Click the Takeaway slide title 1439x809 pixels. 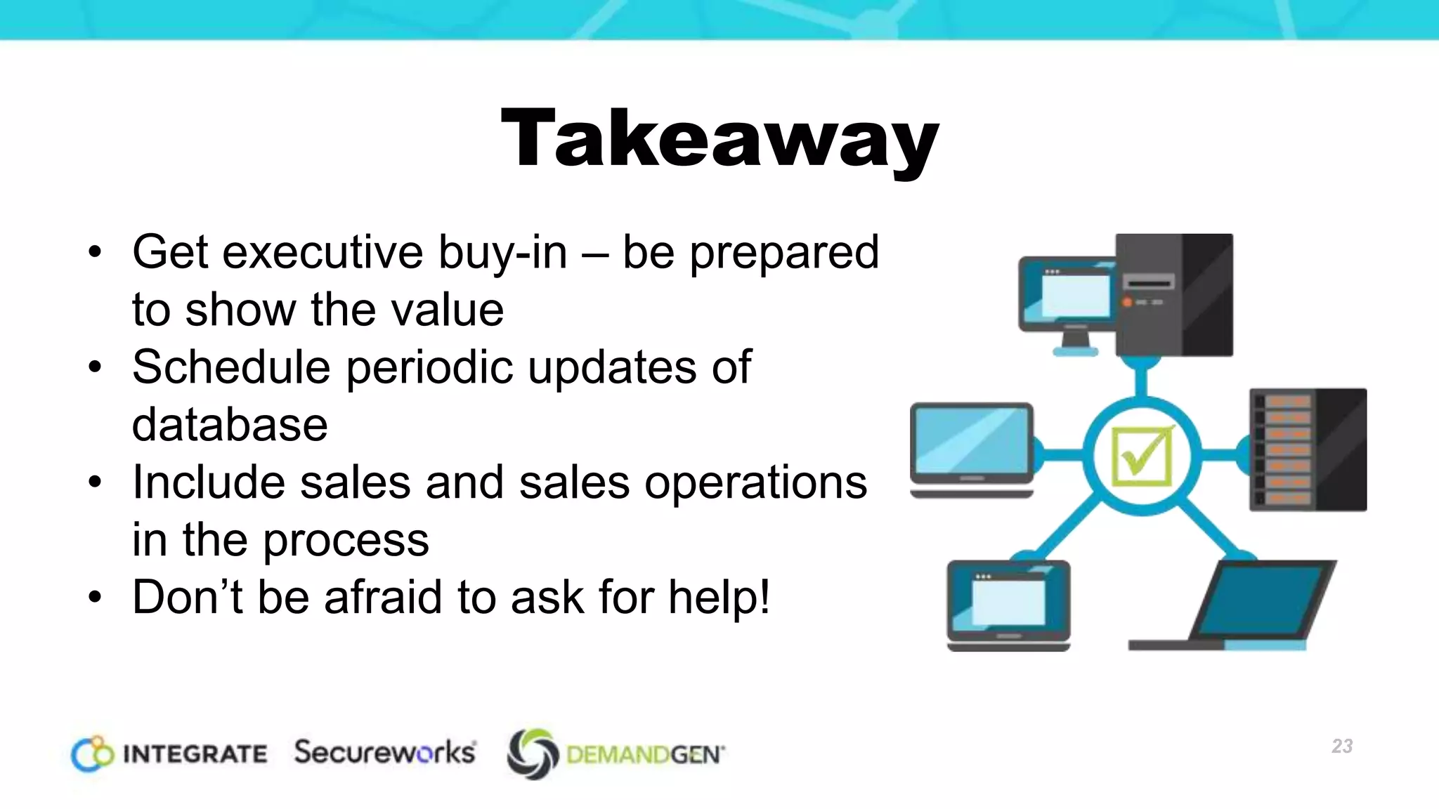719,138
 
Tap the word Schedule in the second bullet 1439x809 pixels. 230,367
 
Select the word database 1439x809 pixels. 230,425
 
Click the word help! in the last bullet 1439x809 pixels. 719,597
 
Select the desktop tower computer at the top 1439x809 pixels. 1173,295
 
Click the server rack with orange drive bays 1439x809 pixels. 1308,449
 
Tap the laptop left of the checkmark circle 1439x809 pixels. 972,449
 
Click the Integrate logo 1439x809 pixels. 169,754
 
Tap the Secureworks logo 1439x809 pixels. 385,752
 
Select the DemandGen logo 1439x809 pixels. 616,754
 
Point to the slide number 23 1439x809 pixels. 1342,746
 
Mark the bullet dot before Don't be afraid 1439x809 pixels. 96,597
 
